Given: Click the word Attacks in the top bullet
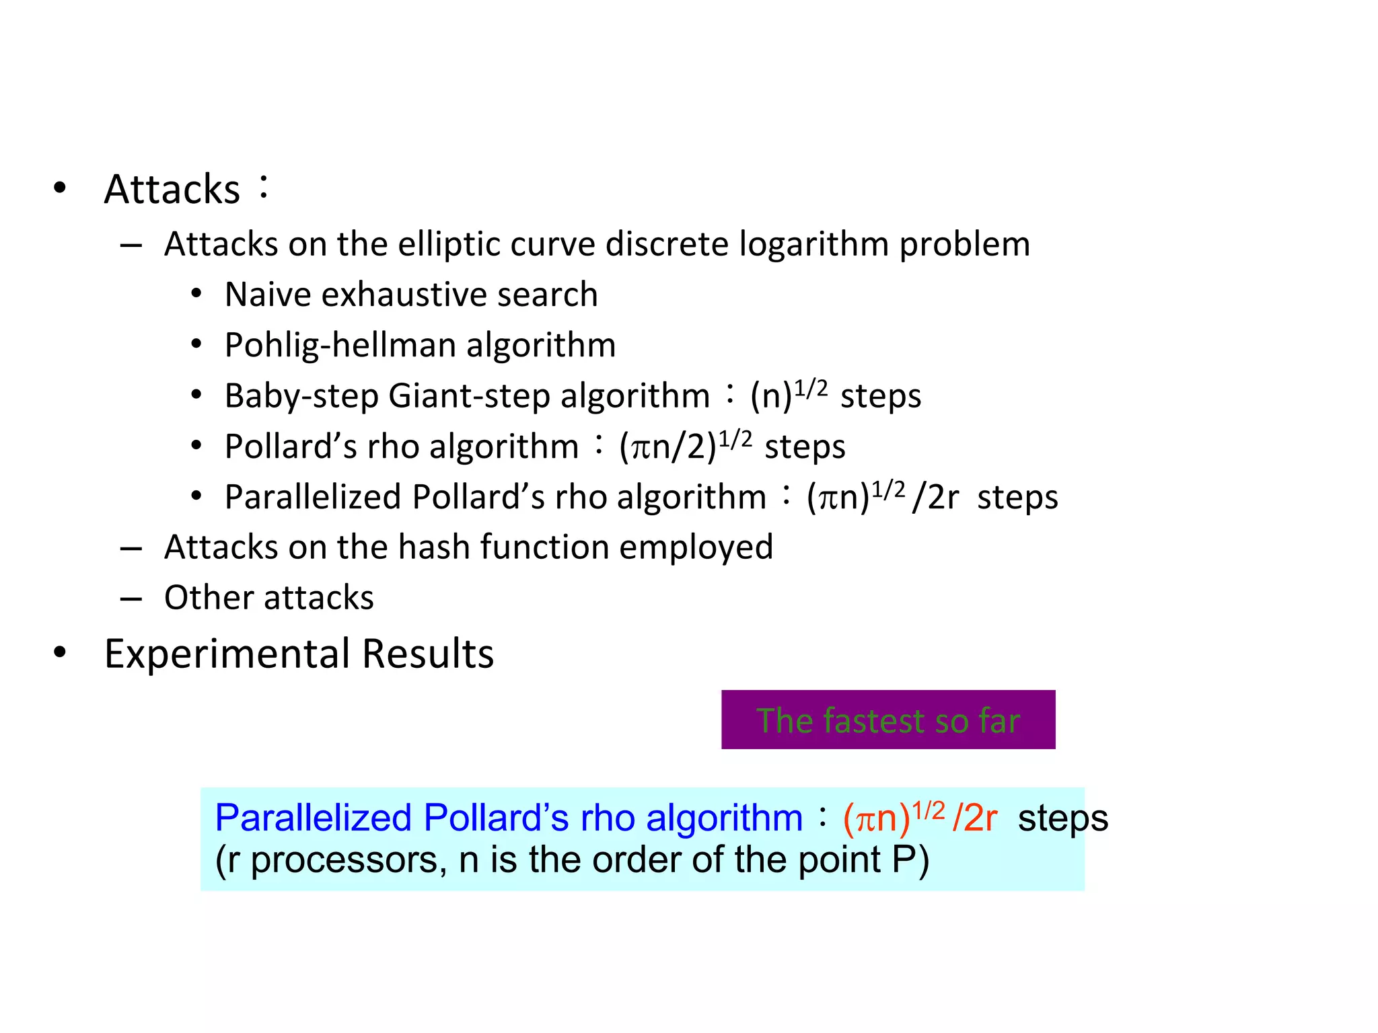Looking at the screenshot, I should coord(172,190).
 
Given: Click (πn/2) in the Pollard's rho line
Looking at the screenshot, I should coord(667,447).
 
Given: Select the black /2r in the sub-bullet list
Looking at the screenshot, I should coord(935,498).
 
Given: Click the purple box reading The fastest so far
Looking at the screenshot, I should coord(887,720).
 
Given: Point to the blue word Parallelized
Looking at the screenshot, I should coord(313,818).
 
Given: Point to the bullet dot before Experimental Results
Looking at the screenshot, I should coord(60,652).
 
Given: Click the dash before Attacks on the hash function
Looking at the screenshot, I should coord(131,549).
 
